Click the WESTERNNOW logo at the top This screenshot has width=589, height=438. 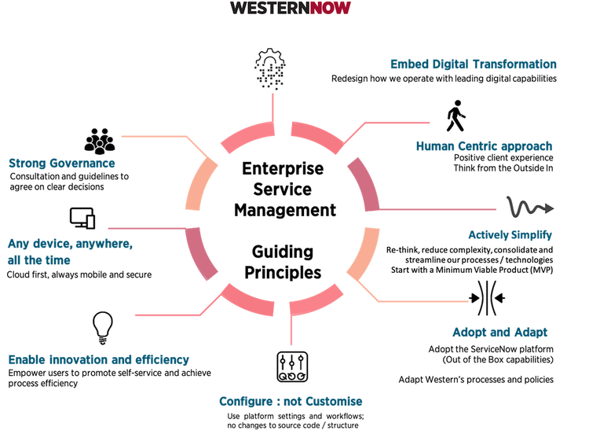tap(291, 9)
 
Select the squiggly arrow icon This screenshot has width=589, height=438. tap(530, 208)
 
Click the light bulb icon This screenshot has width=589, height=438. tap(102, 327)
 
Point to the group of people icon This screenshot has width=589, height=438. tap(99, 141)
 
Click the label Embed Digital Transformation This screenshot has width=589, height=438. tap(474, 64)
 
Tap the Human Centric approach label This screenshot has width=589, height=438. tap(484, 146)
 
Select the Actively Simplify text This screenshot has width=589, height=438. tap(510, 235)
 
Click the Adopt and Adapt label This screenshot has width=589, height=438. tap(499, 332)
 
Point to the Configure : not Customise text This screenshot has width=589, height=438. tap(291, 401)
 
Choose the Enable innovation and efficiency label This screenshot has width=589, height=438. tap(99, 361)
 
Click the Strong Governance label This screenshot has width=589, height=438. tap(62, 164)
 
